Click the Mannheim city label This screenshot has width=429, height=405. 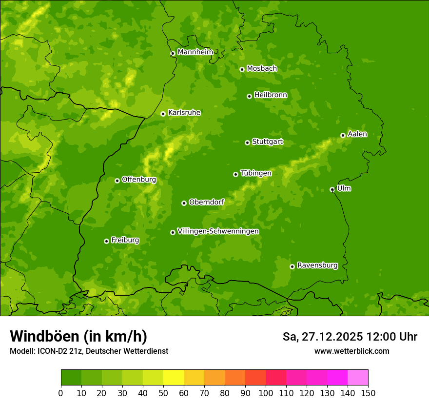point(195,52)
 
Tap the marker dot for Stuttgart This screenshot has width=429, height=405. point(247,142)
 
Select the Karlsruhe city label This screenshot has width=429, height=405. point(184,113)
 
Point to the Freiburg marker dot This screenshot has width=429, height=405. point(106,241)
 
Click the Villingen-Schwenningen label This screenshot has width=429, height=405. point(218,231)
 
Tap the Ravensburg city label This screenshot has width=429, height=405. point(317,265)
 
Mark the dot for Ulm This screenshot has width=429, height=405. point(332,189)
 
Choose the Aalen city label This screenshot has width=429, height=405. point(357,134)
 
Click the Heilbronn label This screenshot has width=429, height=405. point(271,95)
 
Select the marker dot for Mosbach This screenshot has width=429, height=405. point(242,69)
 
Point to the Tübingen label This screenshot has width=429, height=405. point(256,173)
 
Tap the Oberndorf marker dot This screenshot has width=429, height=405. point(184,203)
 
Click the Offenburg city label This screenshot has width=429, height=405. point(139,180)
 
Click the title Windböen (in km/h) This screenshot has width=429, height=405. point(78,336)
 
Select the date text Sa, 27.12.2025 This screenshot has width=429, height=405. point(322,337)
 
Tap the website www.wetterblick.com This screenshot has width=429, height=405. point(351,351)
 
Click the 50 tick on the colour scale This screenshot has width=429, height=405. point(163,393)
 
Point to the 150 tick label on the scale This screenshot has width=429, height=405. point(368,393)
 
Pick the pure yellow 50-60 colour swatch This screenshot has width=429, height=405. point(174,378)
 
